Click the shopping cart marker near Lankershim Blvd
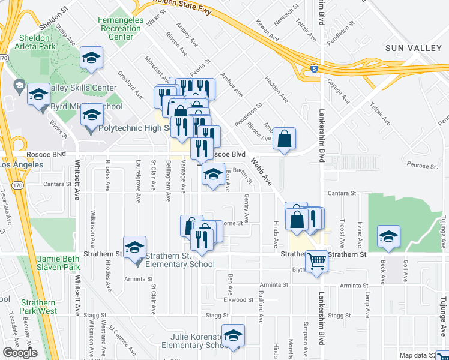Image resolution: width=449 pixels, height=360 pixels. (316, 261)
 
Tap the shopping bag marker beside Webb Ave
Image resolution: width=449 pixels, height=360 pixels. (284, 139)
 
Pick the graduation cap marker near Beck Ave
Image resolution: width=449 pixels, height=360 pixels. (388, 236)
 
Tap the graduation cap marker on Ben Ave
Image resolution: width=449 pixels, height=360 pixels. (213, 174)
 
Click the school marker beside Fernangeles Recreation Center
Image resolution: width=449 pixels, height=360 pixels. (91, 58)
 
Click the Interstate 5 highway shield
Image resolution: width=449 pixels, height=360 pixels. (315, 70)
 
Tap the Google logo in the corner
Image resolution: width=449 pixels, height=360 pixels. (20, 353)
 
